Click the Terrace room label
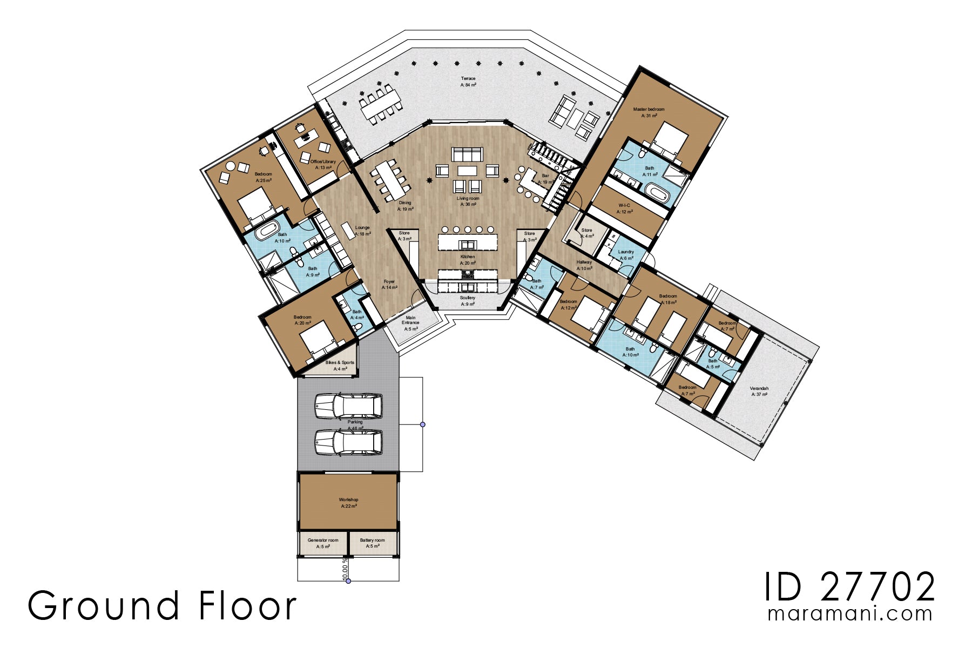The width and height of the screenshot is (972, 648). pyautogui.click(x=468, y=82)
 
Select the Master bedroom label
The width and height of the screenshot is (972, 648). pyautogui.click(x=649, y=112)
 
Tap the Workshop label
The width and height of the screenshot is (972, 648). pyautogui.click(x=348, y=503)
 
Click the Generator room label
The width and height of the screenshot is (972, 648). pyautogui.click(x=323, y=543)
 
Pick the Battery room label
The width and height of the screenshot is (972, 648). pyautogui.click(x=372, y=543)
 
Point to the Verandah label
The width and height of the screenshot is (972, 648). pyautogui.click(x=759, y=391)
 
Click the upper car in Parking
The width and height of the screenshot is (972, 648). pyautogui.click(x=349, y=406)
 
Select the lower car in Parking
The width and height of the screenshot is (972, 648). pyautogui.click(x=349, y=442)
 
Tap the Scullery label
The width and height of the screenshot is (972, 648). pyautogui.click(x=468, y=301)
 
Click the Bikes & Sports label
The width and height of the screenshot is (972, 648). pyautogui.click(x=340, y=366)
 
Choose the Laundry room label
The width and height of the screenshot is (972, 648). pyautogui.click(x=626, y=255)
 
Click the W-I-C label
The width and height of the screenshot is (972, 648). pyautogui.click(x=624, y=208)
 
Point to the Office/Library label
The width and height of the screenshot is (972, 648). pyautogui.click(x=323, y=164)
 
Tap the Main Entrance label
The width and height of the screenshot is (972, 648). pyautogui.click(x=410, y=323)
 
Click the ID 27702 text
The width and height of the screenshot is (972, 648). pyautogui.click(x=849, y=587)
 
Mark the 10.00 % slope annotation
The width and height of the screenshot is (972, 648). pyautogui.click(x=345, y=570)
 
